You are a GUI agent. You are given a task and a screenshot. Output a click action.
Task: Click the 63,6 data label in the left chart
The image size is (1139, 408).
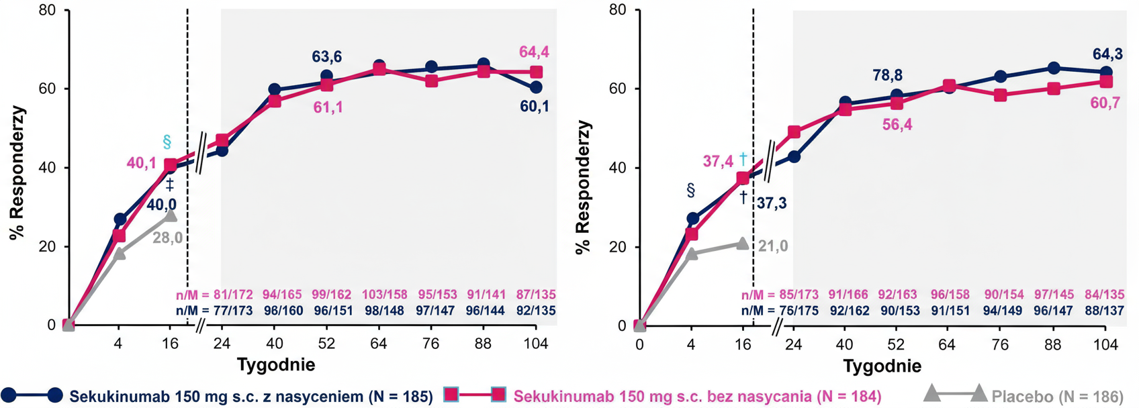327,56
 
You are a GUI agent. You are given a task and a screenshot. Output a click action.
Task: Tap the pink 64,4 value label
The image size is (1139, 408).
534,52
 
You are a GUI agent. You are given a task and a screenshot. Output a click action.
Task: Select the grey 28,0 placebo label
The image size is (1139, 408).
167,238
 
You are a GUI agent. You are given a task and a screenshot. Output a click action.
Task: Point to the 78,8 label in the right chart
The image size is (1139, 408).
887,75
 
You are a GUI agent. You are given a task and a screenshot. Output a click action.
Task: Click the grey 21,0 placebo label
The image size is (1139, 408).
773,246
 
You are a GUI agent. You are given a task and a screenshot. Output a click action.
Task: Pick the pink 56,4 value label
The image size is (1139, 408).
897,125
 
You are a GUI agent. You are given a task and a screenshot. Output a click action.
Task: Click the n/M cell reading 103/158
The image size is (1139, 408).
384,295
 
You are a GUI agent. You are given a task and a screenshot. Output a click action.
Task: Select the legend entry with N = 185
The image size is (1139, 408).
251,397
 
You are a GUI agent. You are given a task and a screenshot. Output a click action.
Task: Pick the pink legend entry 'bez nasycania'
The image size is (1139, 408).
697,397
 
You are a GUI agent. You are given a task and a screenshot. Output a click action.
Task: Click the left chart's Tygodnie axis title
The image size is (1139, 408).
275,365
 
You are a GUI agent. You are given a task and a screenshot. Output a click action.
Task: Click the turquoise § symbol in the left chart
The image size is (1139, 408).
167,142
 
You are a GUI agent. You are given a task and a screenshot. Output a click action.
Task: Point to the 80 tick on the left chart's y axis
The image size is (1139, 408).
47,11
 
